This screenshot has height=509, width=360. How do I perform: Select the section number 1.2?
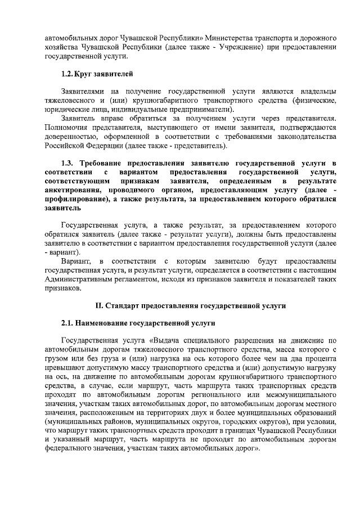tap(67, 74)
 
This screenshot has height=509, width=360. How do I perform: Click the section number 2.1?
tap(69, 323)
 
